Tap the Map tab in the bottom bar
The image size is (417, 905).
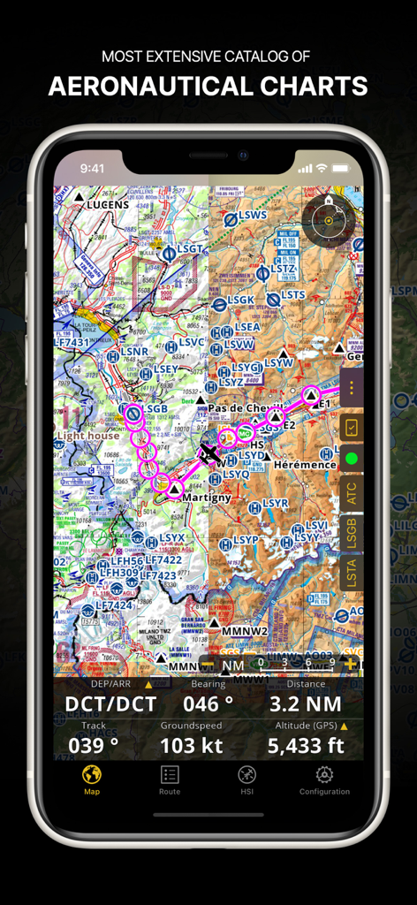(x=92, y=780)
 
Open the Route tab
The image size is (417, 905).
(x=170, y=780)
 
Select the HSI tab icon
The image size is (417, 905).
(x=247, y=780)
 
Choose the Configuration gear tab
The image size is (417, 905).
(x=324, y=780)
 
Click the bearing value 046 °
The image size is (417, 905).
(x=208, y=704)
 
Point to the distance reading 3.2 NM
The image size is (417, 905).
(x=306, y=704)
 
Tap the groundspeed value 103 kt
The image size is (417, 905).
(x=191, y=746)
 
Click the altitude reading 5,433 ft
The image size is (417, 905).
(x=306, y=746)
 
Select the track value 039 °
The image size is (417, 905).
(x=94, y=746)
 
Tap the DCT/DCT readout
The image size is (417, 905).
(x=110, y=704)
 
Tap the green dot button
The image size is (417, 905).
(x=351, y=459)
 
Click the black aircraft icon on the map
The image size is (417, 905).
(x=209, y=454)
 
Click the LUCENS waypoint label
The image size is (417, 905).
(x=108, y=205)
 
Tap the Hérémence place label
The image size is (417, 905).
(x=305, y=464)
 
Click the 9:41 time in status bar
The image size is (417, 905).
(x=92, y=168)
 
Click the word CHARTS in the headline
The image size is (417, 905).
(x=309, y=86)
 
